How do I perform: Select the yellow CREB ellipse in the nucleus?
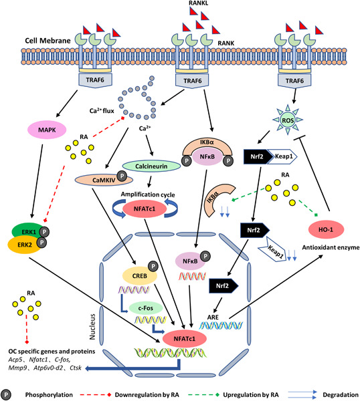tap(133, 275)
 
